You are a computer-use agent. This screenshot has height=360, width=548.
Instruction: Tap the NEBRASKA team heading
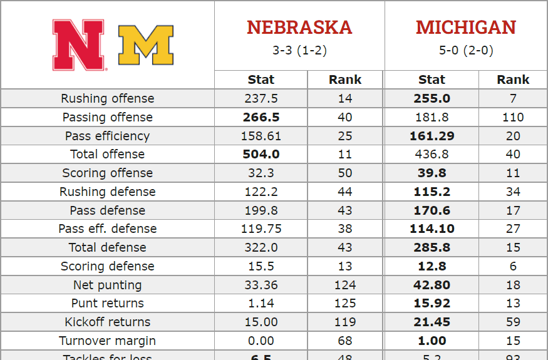point(299,28)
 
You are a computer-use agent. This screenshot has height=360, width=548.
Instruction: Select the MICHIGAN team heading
point(465,28)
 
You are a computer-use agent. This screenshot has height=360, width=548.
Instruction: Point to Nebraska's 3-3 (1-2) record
point(299,50)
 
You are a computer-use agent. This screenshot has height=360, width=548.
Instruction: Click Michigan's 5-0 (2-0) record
point(465,50)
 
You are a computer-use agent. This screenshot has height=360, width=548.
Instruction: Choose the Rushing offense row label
point(107,98)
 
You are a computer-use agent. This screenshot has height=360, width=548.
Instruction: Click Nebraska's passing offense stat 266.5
point(261,117)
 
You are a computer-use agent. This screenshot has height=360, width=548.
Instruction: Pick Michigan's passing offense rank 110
point(513,117)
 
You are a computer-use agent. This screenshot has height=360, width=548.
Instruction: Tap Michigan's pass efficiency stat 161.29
point(432,136)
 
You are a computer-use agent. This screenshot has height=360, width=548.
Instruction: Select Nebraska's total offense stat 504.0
point(261,154)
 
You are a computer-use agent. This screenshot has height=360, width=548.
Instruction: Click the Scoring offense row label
point(107,173)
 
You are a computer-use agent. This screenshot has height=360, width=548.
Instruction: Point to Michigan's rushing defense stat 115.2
point(432,192)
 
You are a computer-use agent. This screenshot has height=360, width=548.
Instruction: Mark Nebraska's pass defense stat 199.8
point(261,210)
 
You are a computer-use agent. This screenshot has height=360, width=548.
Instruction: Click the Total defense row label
point(107,247)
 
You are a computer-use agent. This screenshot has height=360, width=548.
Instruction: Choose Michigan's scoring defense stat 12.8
point(432,266)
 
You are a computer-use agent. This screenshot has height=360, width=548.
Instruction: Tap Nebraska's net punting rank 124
point(345,285)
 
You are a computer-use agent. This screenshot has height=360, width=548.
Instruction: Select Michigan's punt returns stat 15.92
point(432,303)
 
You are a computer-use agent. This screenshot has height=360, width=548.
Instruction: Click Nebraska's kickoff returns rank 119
point(345,322)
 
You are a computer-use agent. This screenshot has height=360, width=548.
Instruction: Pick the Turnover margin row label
point(107,341)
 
